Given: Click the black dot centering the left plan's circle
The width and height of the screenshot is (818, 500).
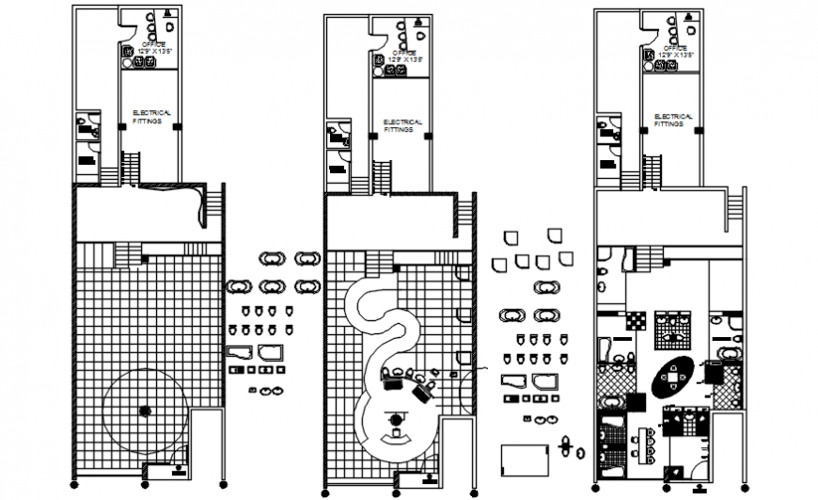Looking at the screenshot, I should pos(144,410).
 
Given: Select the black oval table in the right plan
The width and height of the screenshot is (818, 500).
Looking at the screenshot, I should pos(672,379).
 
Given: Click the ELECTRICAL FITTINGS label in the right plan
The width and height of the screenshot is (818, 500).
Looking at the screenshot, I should pos(674,120).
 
